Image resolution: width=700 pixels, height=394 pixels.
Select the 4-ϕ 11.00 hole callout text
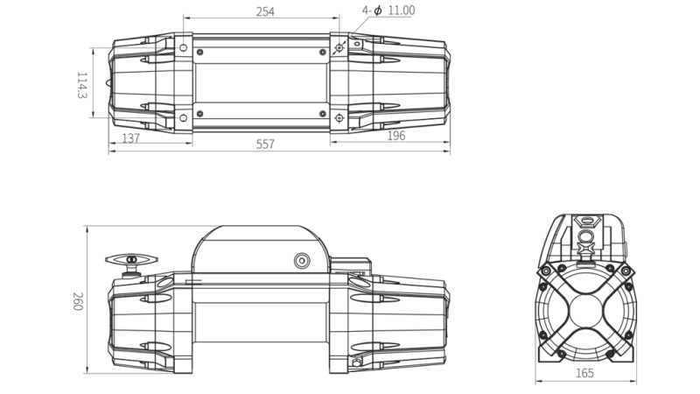(x=388, y=11)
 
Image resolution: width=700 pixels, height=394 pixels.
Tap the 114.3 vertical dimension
(x=82, y=86)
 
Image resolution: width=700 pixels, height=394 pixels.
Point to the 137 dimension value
(x=130, y=137)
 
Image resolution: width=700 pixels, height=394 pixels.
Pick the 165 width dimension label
(x=584, y=373)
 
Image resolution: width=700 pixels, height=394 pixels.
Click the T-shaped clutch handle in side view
(x=130, y=260)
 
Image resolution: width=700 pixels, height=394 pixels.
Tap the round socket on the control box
(x=302, y=260)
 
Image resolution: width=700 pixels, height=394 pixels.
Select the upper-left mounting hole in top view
(x=183, y=46)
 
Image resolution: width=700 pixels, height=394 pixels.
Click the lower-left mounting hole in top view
(x=183, y=118)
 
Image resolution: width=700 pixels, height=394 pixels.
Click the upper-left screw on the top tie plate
(x=200, y=53)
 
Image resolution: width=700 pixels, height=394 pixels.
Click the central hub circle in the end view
(x=585, y=304)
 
